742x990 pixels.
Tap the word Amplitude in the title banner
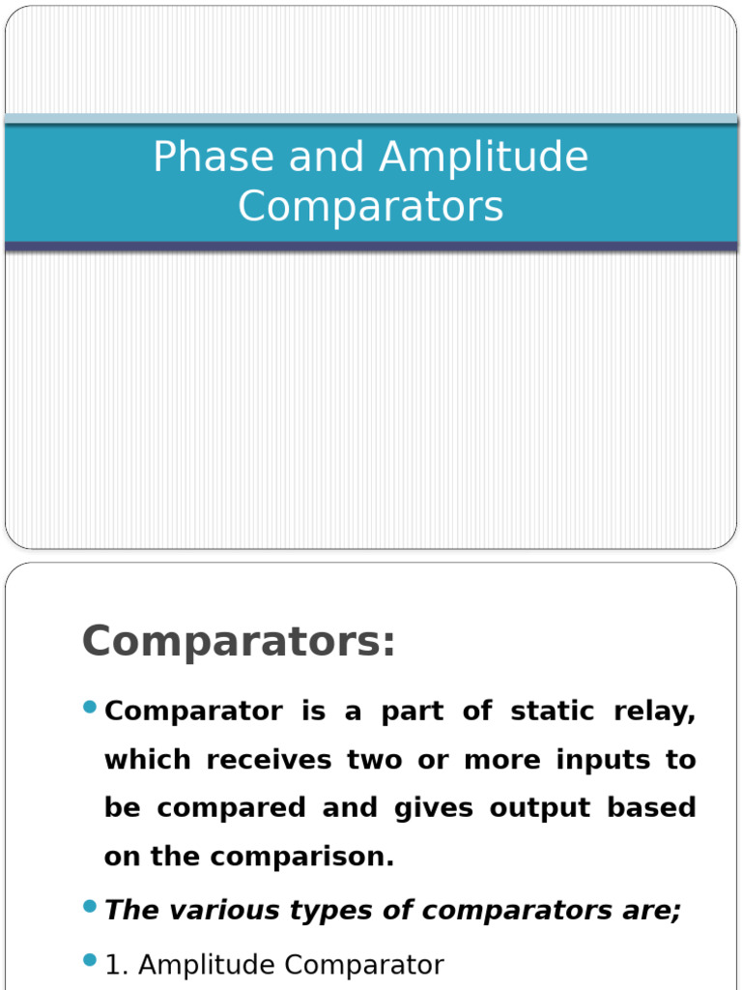pyautogui.click(x=484, y=158)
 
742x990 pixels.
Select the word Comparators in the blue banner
pyautogui.click(x=371, y=206)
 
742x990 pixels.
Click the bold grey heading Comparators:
pyautogui.click(x=239, y=641)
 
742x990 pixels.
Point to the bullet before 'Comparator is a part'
pyautogui.click(x=90, y=708)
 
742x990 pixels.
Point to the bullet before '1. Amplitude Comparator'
pyautogui.click(x=90, y=960)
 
